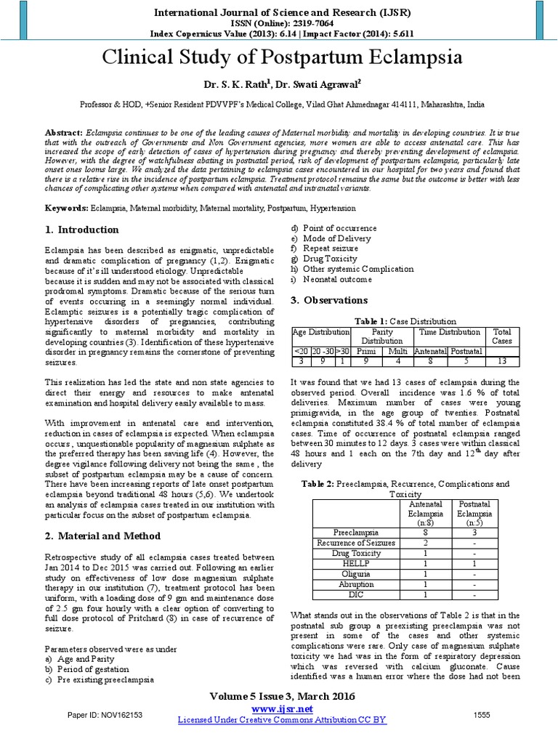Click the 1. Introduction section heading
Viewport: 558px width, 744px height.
point(81,230)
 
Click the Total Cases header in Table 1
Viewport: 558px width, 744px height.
point(501,336)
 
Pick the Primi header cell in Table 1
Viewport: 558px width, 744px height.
point(367,351)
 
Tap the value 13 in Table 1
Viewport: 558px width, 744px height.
point(501,360)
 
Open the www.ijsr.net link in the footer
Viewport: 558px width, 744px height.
point(282,708)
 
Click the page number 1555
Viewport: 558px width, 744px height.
point(482,715)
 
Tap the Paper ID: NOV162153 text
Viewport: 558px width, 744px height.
point(105,715)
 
